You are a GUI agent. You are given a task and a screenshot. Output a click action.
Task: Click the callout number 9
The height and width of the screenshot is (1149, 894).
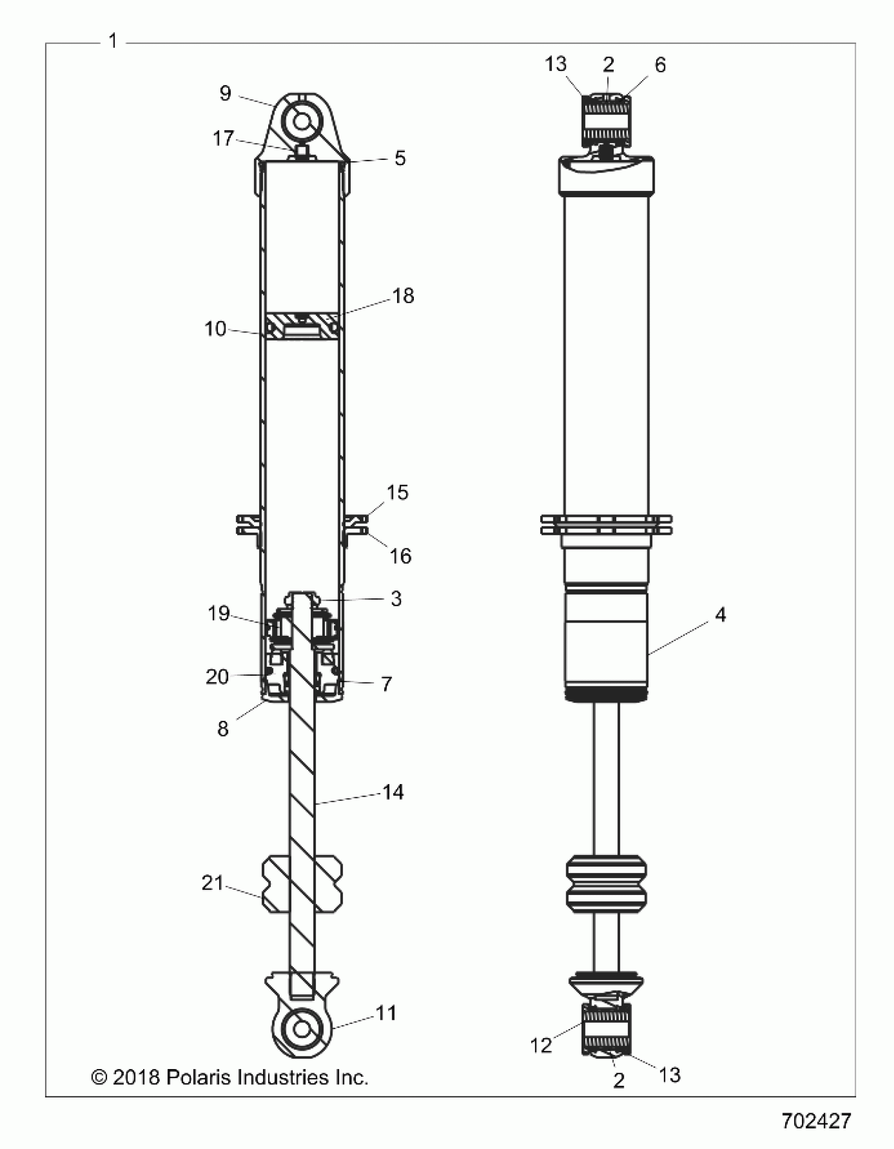pos(225,94)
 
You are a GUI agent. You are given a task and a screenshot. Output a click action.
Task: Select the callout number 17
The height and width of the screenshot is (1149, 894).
pos(223,139)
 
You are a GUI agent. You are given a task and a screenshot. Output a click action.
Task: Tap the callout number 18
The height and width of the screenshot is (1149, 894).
pos(403,296)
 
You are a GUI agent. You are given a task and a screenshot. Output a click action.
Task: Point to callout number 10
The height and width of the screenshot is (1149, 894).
pos(215,329)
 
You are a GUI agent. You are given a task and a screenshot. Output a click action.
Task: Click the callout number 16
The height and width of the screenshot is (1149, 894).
pos(400,556)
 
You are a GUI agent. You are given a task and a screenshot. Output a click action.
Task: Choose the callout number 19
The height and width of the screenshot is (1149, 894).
pos(219,614)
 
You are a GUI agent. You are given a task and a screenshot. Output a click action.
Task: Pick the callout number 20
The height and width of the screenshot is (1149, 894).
pos(217,677)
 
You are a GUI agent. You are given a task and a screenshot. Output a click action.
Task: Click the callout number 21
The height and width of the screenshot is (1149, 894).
pos(213,883)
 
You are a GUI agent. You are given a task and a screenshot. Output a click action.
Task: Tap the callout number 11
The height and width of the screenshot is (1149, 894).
pos(386,1013)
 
